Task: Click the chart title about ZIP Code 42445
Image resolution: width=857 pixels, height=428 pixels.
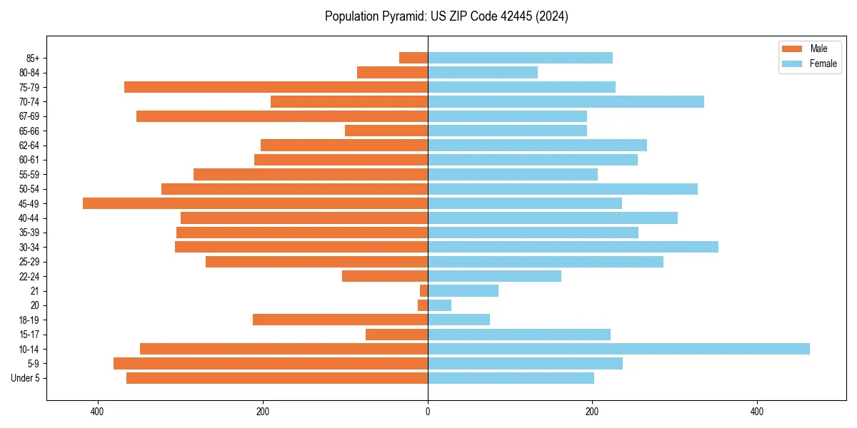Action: point(446,16)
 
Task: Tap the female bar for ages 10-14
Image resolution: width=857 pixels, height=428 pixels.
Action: point(618,349)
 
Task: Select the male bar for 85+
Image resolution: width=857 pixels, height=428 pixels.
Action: point(414,58)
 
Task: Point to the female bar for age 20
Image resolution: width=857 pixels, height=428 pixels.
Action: point(439,305)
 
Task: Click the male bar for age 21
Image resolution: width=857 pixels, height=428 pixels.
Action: point(424,290)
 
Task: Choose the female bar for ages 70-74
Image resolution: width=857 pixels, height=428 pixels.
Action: point(566,101)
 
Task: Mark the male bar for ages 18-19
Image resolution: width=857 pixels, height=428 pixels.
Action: point(340,320)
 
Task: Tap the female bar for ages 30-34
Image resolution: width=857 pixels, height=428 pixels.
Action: point(573,247)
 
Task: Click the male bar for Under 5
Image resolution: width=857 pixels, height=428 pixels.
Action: point(277,378)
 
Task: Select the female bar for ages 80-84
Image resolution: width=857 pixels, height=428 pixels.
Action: point(483,72)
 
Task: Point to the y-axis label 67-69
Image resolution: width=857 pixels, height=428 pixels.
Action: point(29,116)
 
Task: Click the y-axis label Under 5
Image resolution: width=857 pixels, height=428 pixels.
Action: point(26,378)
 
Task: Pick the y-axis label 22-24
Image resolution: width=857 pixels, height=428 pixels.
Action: point(29,276)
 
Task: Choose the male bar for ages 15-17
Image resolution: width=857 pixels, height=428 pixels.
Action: point(396,335)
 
